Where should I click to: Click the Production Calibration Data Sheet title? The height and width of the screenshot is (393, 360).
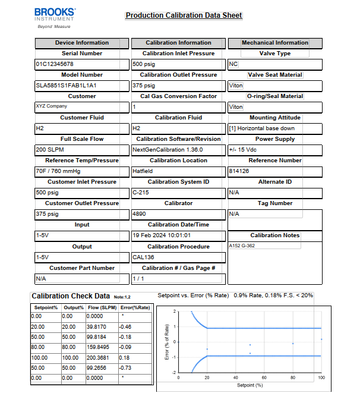184,15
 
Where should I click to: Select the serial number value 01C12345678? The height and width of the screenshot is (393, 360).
55,64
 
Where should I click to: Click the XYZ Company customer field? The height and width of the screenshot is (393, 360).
51,106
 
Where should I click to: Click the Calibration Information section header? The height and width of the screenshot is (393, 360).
178,43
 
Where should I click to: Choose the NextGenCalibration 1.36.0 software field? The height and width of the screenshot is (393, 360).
168,150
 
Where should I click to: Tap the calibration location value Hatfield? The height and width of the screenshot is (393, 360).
143,171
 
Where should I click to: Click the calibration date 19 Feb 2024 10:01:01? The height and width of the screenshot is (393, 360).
162,235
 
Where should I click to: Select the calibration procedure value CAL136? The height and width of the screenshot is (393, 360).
144,257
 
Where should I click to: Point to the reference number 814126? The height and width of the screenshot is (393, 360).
239,171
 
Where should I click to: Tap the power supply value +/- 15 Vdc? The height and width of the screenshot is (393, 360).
244,150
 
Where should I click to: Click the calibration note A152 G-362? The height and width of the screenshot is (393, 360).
242,246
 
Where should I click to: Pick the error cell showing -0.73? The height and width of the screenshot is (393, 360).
125,368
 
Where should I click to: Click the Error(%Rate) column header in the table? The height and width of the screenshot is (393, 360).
135,307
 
